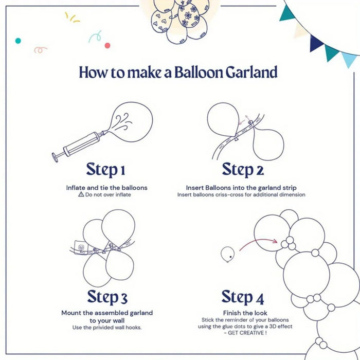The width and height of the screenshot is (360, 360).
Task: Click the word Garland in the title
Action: (251, 72)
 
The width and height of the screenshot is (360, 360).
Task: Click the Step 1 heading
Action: (106, 169)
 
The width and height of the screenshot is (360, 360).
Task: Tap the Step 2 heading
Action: (243, 169)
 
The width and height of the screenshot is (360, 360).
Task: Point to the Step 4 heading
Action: (243, 297)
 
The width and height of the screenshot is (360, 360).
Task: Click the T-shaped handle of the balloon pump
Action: (55, 156)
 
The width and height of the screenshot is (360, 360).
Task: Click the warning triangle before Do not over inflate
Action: (81, 195)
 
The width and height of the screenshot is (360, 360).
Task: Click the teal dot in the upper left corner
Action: (18, 40)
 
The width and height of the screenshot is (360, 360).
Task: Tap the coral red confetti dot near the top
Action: (107, 45)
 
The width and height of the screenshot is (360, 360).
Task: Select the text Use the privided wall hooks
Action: (107, 328)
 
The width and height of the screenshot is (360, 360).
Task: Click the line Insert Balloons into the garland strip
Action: (241, 188)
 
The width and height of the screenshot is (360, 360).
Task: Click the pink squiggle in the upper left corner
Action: (41, 50)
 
